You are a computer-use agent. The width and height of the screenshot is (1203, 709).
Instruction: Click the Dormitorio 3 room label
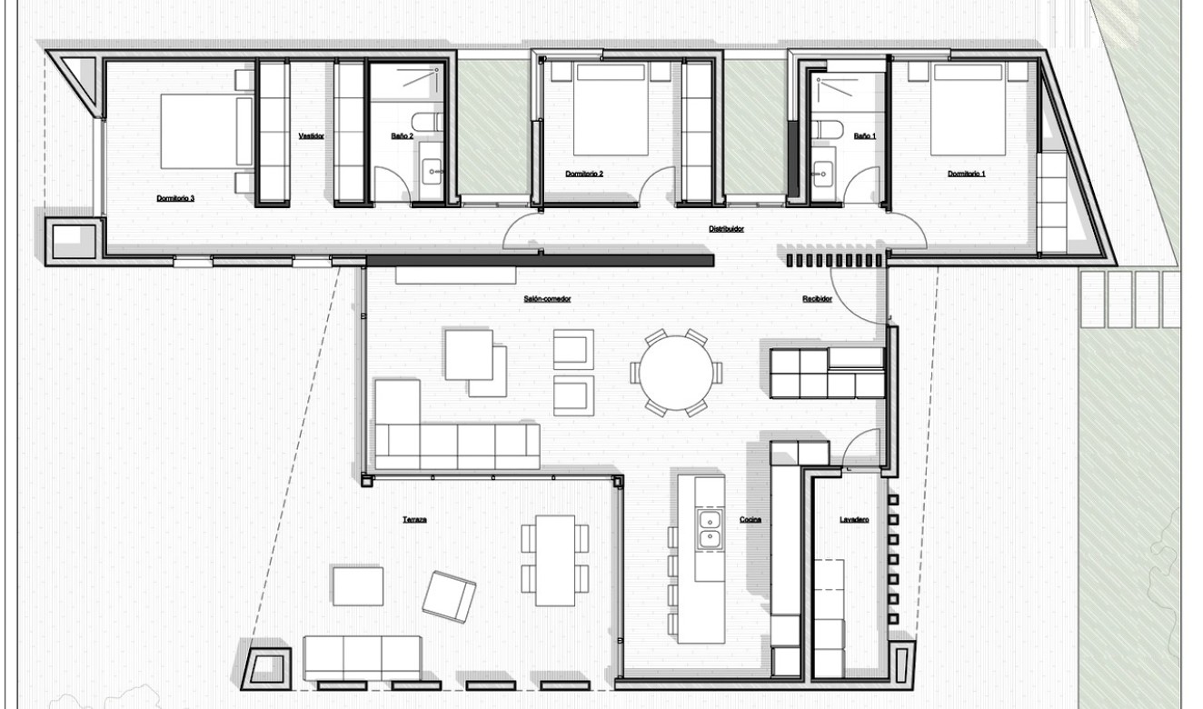click(x=175, y=197)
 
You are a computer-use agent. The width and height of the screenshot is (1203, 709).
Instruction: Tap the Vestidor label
click(x=312, y=135)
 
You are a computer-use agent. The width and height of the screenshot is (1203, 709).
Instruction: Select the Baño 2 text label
click(x=403, y=135)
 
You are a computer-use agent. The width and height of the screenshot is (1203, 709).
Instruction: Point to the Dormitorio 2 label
click(x=584, y=173)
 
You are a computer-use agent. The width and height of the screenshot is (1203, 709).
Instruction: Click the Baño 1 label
click(x=865, y=135)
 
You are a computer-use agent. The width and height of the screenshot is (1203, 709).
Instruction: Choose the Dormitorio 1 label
click(x=966, y=173)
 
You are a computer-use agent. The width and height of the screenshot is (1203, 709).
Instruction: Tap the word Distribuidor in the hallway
click(x=726, y=229)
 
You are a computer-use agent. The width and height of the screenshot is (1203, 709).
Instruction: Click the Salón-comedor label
click(x=547, y=299)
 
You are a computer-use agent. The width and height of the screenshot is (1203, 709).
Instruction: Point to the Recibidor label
click(x=816, y=299)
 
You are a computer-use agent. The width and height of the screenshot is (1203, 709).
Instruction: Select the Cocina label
click(x=750, y=520)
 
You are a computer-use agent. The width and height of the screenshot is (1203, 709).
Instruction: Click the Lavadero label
click(x=854, y=520)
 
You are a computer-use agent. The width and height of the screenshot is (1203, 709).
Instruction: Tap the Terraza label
click(x=415, y=520)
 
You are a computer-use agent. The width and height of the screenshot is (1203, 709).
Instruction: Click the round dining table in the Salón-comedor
click(x=676, y=374)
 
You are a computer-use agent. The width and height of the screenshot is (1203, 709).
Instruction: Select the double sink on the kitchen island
click(x=709, y=530)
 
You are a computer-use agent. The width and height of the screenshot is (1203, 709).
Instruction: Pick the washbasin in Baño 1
click(x=825, y=170)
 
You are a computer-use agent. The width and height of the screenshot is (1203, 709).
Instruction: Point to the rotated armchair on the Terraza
click(x=450, y=595)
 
